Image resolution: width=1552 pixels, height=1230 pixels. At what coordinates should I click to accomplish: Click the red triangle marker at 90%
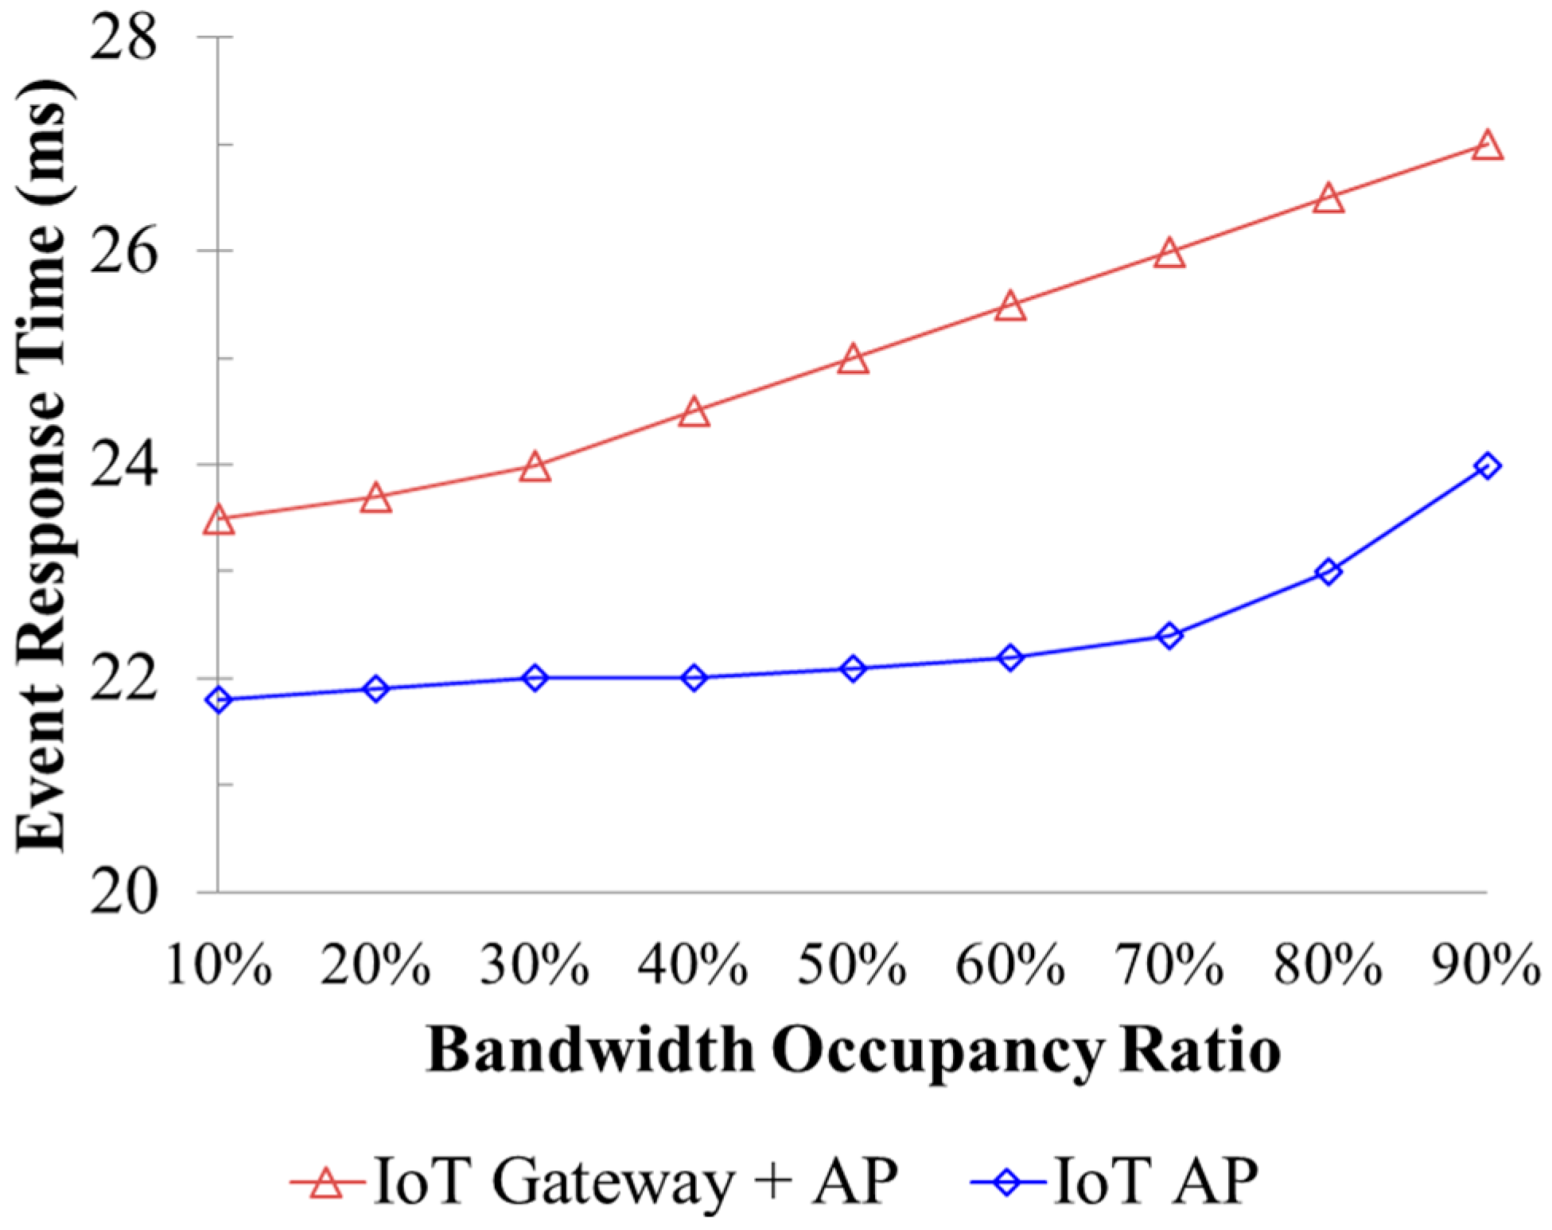pos(1487,147)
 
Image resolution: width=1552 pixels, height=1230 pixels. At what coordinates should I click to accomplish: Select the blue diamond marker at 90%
pos(1487,466)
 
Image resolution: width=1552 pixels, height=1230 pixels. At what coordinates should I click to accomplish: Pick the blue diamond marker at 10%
pos(219,700)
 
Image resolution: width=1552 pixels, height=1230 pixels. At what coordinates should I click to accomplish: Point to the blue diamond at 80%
pos(1328,571)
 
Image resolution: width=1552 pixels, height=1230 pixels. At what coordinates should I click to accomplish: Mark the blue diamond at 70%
pos(1169,636)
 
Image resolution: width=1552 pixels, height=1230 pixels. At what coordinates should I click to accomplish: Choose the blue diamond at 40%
pos(694,678)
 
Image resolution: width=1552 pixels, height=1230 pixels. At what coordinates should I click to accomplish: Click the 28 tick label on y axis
pos(123,37)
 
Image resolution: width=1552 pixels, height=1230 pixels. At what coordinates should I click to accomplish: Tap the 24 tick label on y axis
pos(123,465)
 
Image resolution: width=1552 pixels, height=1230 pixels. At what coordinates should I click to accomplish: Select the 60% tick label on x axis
pos(1010,966)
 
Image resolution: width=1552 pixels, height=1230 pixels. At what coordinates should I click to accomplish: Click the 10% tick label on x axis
pos(219,966)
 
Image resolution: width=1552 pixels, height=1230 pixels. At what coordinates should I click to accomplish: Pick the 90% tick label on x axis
pos(1486,966)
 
